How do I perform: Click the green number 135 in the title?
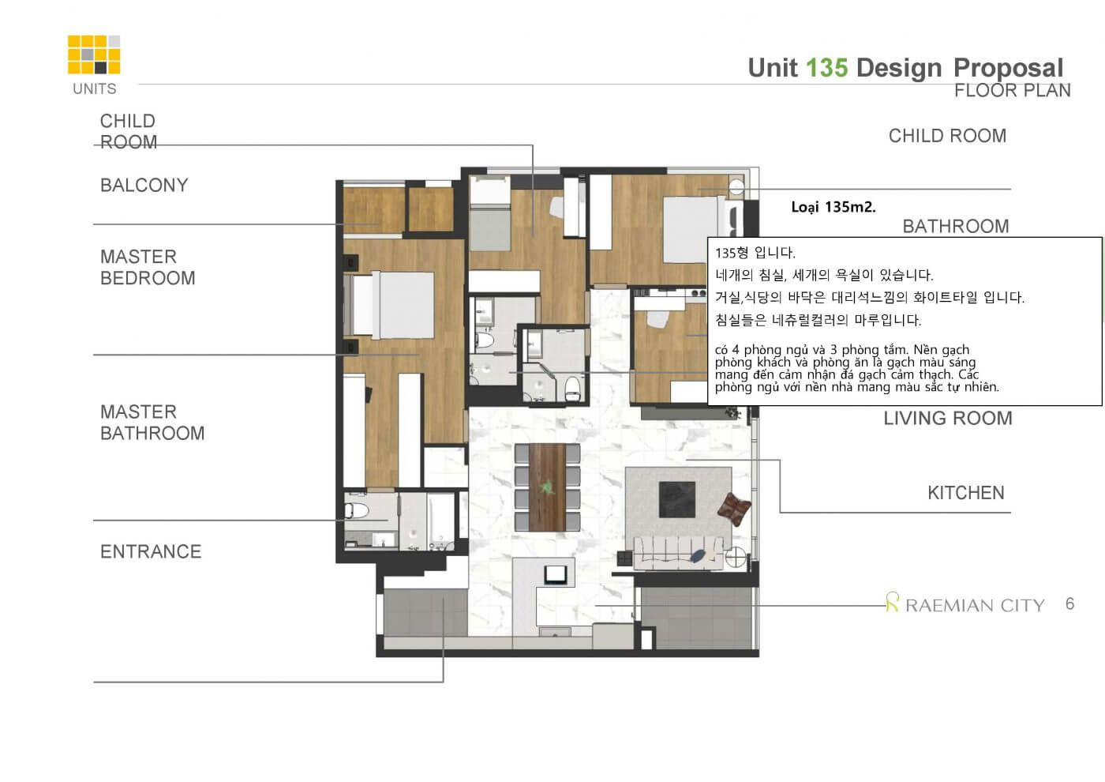[x=827, y=68]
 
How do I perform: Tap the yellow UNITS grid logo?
[x=94, y=55]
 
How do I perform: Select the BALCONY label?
[x=144, y=185]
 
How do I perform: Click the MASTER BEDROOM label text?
[x=148, y=267]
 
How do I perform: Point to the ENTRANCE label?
[x=151, y=551]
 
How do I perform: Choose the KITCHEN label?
[x=966, y=493]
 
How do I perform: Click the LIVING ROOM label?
[x=948, y=418]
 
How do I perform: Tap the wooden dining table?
[x=547, y=487]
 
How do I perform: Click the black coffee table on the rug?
[x=677, y=499]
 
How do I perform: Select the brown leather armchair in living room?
[x=735, y=509]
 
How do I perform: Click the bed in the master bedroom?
[x=390, y=305]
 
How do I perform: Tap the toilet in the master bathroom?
[x=356, y=511]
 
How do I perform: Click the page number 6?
[x=1070, y=603]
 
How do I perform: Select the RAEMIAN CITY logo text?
[x=975, y=605]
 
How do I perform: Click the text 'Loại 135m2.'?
[x=833, y=207]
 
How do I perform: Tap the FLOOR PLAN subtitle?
[x=1012, y=90]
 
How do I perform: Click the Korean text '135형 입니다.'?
[x=755, y=253]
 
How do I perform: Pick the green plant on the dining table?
[x=546, y=487]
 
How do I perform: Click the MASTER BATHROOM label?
[x=152, y=423]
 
